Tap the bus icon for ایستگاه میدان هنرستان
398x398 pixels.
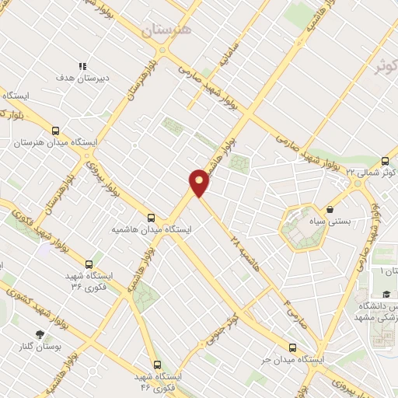[54, 131]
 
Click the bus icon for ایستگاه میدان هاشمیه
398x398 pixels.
[151, 218]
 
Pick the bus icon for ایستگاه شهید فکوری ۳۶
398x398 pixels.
[89, 265]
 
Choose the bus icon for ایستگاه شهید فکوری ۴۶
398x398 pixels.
[158, 365]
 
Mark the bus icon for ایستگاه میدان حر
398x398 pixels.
[292, 347]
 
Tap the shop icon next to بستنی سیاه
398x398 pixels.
[330, 209]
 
